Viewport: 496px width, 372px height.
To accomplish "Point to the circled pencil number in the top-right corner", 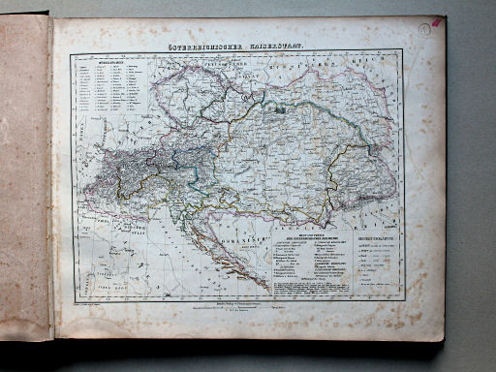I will [423, 32].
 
